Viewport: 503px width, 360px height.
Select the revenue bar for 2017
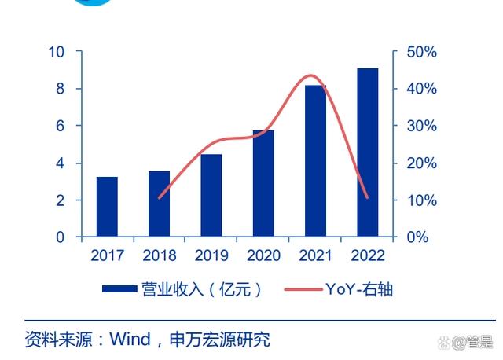(107, 207)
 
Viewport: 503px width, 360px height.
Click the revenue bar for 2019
(211, 196)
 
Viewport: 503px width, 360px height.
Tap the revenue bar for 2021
(315, 161)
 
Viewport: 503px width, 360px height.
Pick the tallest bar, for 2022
(367, 152)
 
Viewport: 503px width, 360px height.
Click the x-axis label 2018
(159, 255)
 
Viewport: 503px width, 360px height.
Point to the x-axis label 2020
(263, 255)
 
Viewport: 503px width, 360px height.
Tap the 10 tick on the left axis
(56, 52)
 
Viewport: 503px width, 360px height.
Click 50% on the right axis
(420, 52)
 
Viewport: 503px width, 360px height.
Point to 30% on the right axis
(420, 126)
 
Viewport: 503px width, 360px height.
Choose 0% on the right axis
(417, 237)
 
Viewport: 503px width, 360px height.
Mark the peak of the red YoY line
(312, 75)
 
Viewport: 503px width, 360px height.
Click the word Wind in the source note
(128, 340)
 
